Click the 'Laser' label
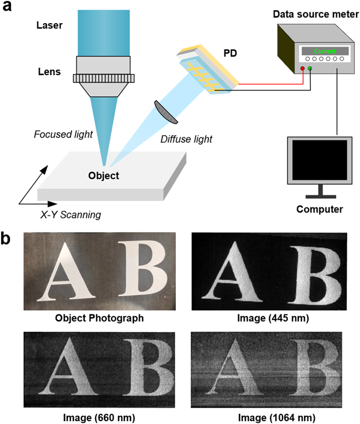50,25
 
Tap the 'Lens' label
49,72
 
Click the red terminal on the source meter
303,69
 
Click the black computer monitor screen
318,159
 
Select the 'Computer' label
319,210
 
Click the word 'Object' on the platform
103,175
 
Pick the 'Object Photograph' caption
99,318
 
